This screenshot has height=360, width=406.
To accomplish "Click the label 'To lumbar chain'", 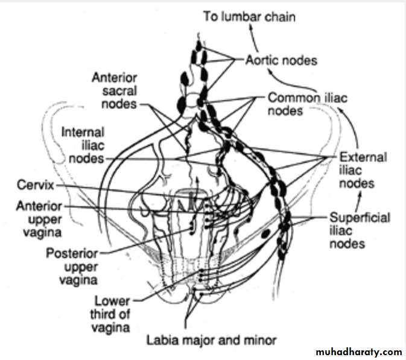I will click(x=249, y=16).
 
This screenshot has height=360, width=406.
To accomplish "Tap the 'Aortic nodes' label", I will click(x=281, y=60).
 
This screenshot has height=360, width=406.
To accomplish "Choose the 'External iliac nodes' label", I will click(x=361, y=170).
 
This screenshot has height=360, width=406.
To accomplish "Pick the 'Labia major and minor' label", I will click(x=211, y=339).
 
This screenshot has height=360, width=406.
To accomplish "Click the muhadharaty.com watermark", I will click(x=358, y=352).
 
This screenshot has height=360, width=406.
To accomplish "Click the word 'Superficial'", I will click(x=360, y=217).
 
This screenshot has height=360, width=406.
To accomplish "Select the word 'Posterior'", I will click(x=69, y=253).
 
